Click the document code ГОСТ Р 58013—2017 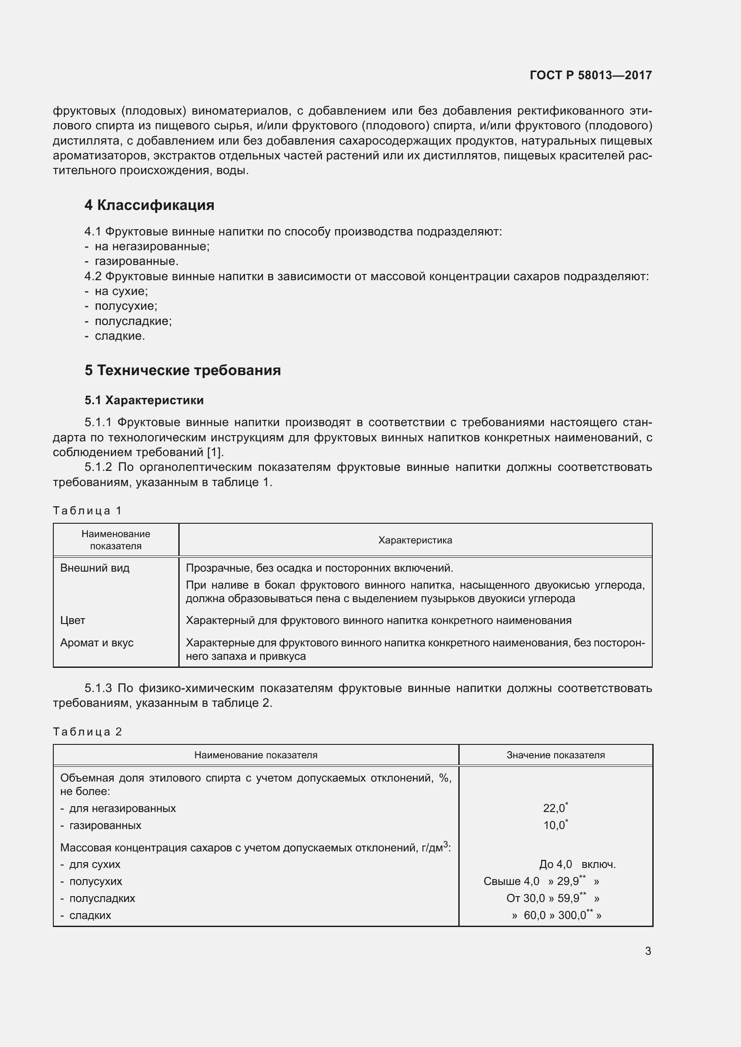(x=590, y=75)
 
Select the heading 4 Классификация (x=149, y=205)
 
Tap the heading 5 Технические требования (x=182, y=370)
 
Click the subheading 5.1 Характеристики (x=144, y=400)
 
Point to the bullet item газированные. (x=137, y=261)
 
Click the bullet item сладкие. (x=120, y=336)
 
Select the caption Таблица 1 (x=87, y=510)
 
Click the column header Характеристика (x=415, y=540)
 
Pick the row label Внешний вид (x=95, y=568)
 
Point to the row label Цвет (x=73, y=620)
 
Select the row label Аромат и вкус (x=97, y=642)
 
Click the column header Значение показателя (x=555, y=755)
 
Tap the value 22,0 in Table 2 (x=554, y=808)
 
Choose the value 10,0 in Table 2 (x=554, y=825)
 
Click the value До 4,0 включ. (x=577, y=864)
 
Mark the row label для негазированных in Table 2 (x=122, y=808)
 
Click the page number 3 (x=648, y=951)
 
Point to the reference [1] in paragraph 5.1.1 (x=215, y=453)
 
